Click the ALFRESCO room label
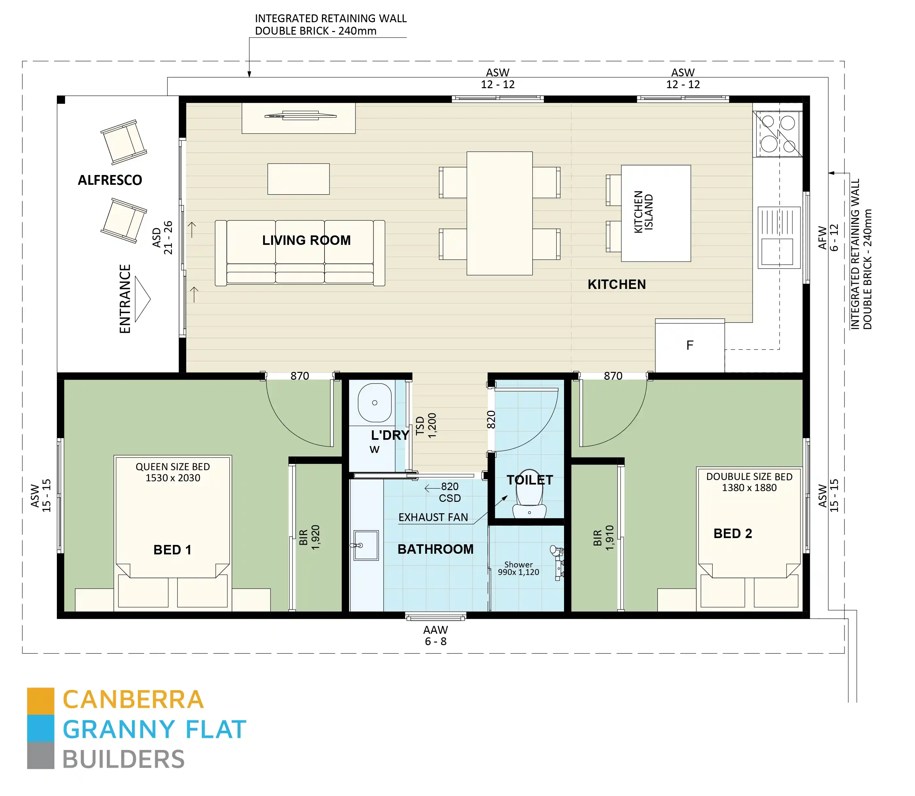110,180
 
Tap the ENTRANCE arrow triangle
142,299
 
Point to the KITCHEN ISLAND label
643,212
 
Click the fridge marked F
690,345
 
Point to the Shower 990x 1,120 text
518,568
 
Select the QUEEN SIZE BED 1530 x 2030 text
173,472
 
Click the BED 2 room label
733,533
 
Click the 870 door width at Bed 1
300,376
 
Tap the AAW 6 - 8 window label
435,636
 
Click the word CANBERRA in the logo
133,700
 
